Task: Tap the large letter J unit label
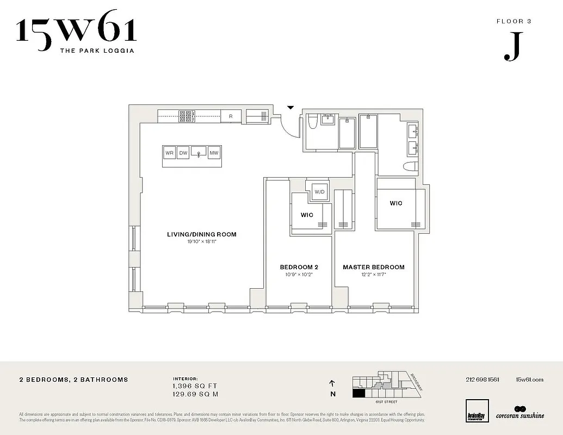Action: click(x=511, y=49)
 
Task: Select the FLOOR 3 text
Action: click(x=513, y=22)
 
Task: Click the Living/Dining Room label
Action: click(x=201, y=234)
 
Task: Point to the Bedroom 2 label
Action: click(x=299, y=267)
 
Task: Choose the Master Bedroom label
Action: click(x=373, y=267)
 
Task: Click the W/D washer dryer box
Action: click(x=319, y=192)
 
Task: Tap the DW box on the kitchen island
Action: click(x=184, y=153)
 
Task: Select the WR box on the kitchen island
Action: click(x=170, y=153)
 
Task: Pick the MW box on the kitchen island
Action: click(x=214, y=153)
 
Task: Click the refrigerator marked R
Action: click(x=231, y=116)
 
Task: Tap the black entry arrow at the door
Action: click(x=290, y=108)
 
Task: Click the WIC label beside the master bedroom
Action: click(x=395, y=203)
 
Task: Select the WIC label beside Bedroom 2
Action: click(x=307, y=215)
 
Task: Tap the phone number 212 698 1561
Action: click(x=482, y=380)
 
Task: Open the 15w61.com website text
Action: click(x=529, y=380)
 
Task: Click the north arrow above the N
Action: click(x=332, y=383)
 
